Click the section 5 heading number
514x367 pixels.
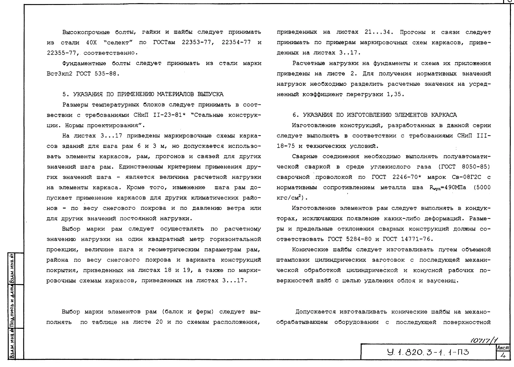tap(64, 94)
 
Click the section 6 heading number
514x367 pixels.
tap(295, 115)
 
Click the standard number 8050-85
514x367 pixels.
tap(475, 167)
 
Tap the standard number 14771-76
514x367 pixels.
tap(415, 239)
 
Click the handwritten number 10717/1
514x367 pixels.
tap(486, 341)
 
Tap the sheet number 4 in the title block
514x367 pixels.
tap(503, 355)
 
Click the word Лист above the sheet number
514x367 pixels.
tap(503, 348)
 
